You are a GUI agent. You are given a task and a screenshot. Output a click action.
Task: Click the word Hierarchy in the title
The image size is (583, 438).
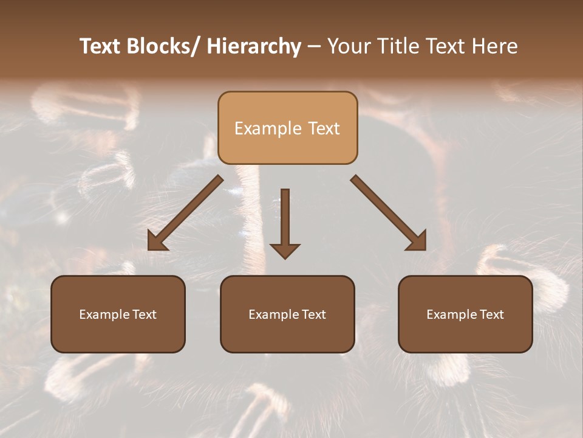[x=254, y=46]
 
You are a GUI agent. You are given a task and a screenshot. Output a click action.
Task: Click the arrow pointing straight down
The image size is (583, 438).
[x=285, y=219]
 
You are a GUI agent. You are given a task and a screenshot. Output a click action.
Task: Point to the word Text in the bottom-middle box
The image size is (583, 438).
[x=311, y=315]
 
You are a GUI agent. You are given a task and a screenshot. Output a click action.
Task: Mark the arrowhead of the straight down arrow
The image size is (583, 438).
[x=285, y=251]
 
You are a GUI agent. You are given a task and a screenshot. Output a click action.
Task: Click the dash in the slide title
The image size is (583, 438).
[x=314, y=46]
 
